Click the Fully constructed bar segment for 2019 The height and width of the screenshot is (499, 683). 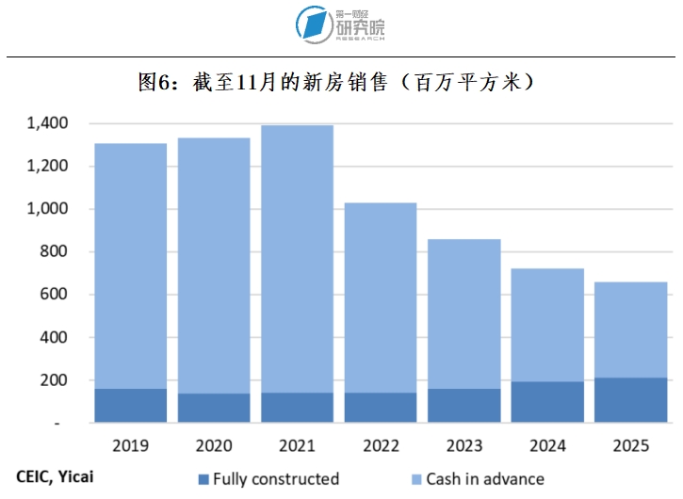131,406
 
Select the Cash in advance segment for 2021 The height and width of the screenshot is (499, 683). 297,259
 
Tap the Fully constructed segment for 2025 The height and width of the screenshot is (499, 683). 630,400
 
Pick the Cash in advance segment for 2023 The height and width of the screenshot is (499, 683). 464,314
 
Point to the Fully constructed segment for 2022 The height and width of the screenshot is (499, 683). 381,408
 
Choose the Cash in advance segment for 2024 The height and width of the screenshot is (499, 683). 547,325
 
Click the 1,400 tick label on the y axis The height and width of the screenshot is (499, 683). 47,123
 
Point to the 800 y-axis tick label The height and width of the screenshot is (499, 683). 56,252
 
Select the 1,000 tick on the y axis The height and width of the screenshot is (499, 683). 47,209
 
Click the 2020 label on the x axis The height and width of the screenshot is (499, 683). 214,443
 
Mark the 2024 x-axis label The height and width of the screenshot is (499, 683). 547,443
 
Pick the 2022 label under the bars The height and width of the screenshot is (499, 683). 381,443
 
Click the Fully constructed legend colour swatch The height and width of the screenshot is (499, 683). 203,479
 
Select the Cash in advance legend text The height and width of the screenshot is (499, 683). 485,479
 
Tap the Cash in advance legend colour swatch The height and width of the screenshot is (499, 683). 416,479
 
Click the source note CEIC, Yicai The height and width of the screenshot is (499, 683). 56,477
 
